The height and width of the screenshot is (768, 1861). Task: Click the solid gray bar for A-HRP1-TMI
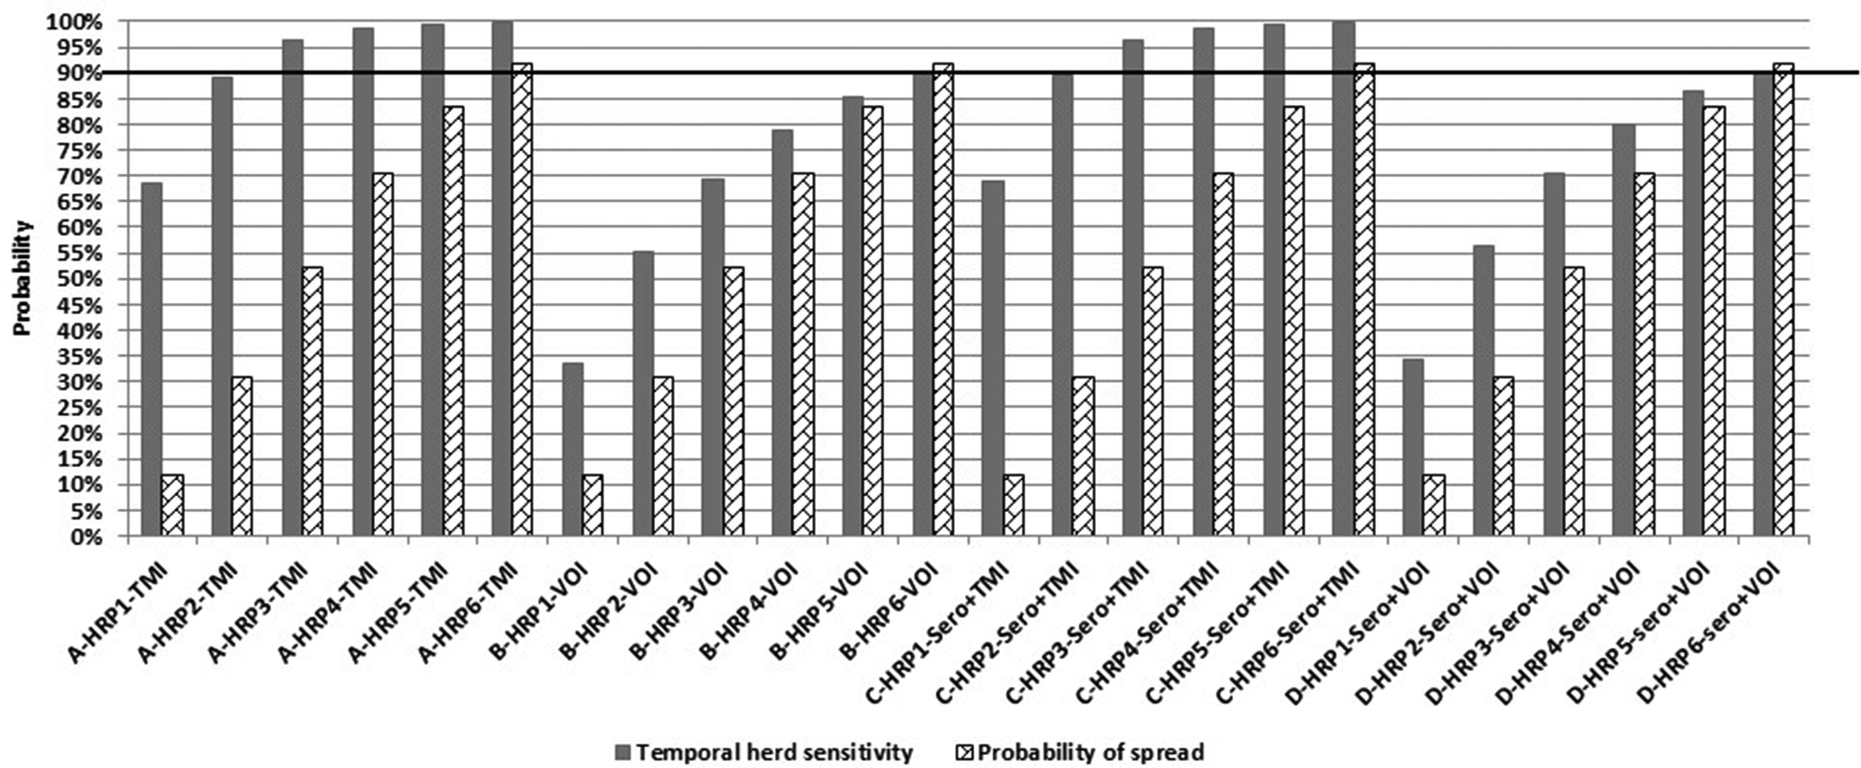[152, 359]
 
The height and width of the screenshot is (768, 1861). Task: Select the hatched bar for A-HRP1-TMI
[173, 505]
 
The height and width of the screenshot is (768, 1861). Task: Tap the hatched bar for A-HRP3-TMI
[313, 401]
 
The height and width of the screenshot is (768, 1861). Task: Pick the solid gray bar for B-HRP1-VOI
[572, 449]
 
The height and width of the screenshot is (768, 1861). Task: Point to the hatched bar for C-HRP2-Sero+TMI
[1083, 456]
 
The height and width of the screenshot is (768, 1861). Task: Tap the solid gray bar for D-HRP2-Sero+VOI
[1484, 390]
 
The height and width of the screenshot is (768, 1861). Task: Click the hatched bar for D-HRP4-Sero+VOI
[1644, 354]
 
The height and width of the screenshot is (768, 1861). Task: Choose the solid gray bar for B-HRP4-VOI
[782, 332]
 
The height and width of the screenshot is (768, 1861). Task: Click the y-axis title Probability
[23, 278]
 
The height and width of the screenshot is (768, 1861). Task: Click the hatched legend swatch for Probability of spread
[965, 753]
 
